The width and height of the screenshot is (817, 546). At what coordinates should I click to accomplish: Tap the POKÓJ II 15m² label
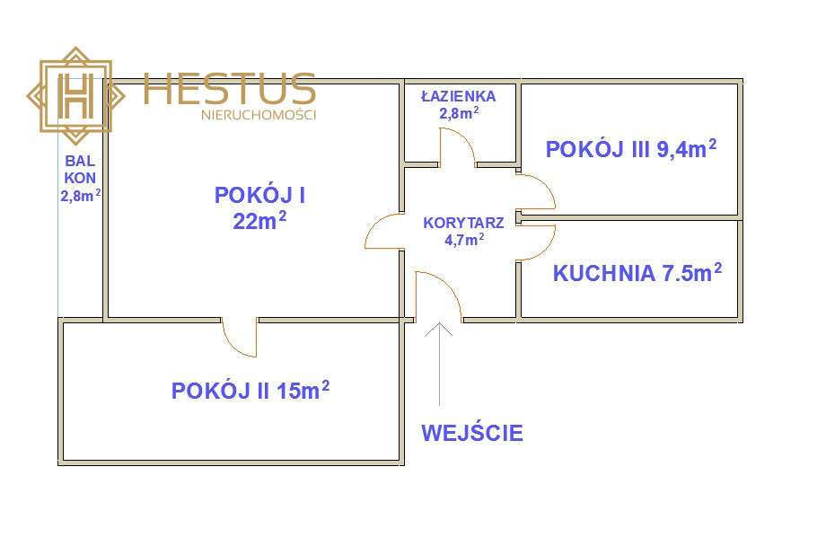click(250, 391)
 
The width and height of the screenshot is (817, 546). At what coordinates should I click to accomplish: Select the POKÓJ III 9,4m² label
click(630, 149)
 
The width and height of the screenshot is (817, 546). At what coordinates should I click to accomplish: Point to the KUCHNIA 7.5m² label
click(637, 274)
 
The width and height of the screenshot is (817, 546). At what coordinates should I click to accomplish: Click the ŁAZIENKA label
click(458, 95)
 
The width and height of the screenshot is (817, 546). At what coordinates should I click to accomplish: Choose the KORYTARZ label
click(463, 222)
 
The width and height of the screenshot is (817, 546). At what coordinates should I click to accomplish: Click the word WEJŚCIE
click(472, 433)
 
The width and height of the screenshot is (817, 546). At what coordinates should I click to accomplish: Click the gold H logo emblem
click(75, 94)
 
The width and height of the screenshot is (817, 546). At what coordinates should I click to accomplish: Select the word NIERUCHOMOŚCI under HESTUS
click(259, 115)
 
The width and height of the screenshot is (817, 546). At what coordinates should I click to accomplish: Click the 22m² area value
click(260, 220)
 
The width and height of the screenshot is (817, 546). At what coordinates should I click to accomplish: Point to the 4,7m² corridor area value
click(464, 240)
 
